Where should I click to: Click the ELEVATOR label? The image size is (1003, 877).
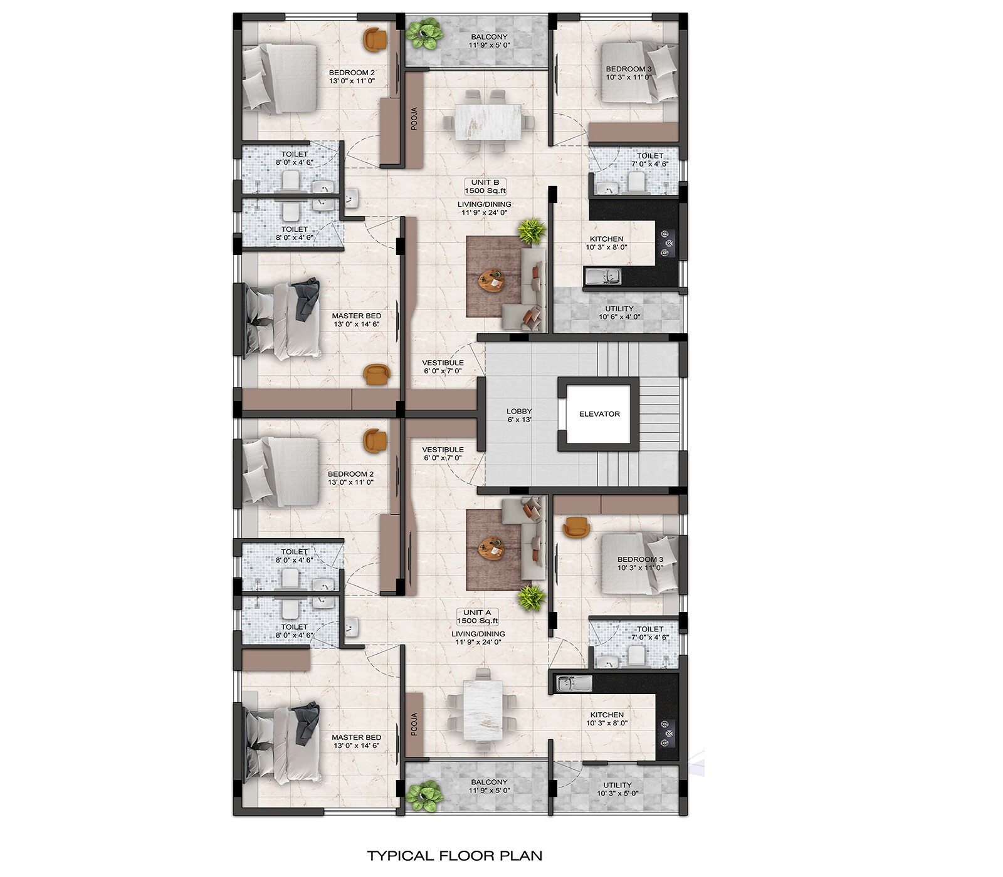tap(599, 414)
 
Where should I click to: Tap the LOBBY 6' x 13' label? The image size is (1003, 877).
tap(519, 415)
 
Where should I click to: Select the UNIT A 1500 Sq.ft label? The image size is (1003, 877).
tap(477, 616)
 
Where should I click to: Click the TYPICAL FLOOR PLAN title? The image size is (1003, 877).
tap(454, 855)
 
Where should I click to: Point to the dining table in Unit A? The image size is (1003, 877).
tap(483, 705)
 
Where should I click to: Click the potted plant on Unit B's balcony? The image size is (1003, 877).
tap(423, 34)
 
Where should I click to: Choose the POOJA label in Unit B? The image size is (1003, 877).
tap(414, 118)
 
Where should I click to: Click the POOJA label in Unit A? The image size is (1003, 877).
tap(414, 724)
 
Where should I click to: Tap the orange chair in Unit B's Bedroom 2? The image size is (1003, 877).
tap(375, 39)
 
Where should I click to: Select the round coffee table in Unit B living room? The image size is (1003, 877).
tap(492, 280)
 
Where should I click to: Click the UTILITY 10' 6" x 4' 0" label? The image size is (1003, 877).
tap(619, 313)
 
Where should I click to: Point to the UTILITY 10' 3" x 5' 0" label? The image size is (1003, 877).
tap(617, 789)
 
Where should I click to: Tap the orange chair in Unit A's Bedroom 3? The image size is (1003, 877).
tap(576, 527)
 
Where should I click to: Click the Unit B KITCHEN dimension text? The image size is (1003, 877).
tap(607, 247)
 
